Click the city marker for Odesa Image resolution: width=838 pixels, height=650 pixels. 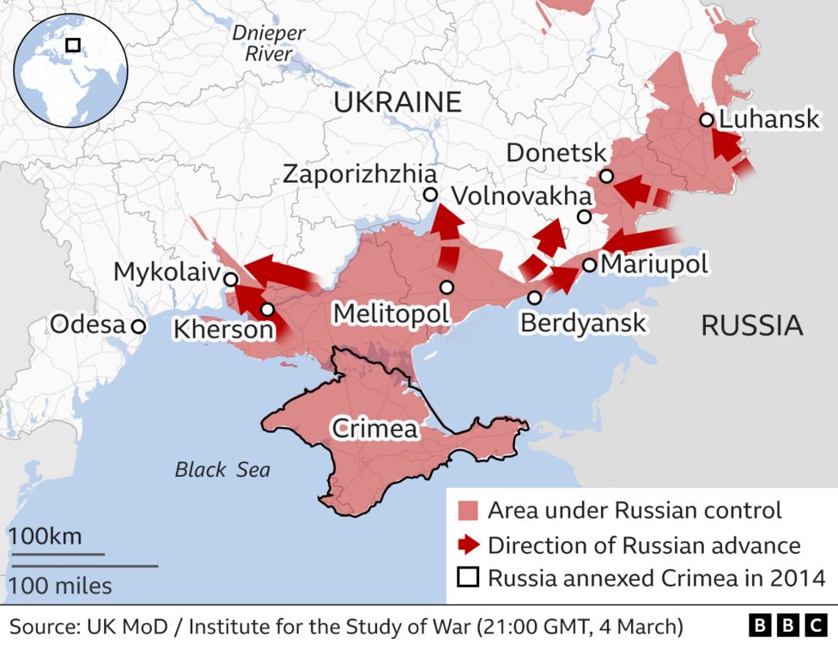[137, 326]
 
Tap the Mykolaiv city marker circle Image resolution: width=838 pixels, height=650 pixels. [230, 279]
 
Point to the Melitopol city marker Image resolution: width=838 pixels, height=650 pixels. [446, 287]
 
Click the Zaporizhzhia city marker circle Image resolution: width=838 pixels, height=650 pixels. [430, 195]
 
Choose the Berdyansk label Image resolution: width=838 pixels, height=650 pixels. [583, 323]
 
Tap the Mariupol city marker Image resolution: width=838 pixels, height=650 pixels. [590, 264]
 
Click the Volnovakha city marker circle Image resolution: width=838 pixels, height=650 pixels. [584, 217]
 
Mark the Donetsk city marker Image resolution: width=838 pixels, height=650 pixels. [606, 176]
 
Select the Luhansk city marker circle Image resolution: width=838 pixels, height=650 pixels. [706, 120]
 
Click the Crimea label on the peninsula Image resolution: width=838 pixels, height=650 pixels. [374, 428]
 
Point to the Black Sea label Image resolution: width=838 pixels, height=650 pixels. [222, 470]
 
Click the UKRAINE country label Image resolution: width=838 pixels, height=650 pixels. [397, 102]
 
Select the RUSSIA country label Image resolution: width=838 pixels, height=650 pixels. [752, 325]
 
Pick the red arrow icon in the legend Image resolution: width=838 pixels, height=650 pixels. [467, 544]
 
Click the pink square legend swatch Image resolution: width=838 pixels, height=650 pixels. [467, 511]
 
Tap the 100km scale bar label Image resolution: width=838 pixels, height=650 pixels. [45, 537]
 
